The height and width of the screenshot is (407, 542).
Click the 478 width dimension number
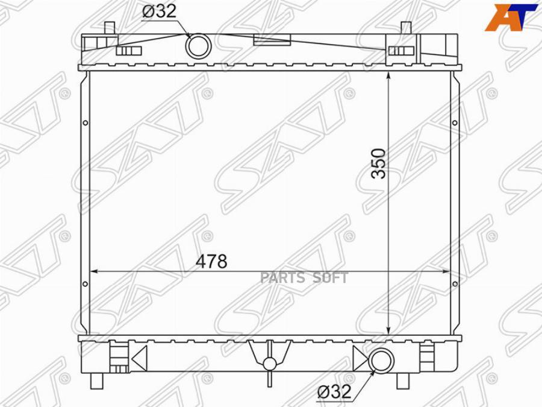211,261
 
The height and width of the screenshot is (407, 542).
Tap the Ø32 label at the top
159,11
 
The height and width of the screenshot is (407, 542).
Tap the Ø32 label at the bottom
334,391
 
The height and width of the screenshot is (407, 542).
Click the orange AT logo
513,18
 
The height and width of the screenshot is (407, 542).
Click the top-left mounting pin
110,28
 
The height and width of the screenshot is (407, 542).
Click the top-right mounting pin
406,28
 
